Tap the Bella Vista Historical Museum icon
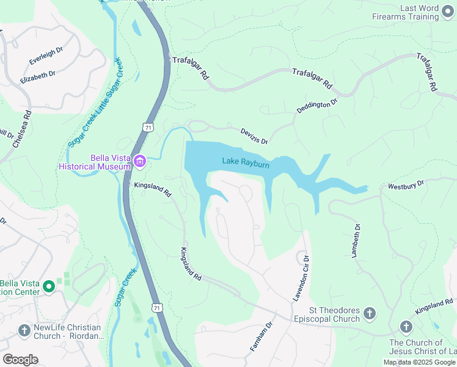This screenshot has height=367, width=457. tap(140, 161)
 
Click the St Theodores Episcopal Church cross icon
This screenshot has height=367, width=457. tap(369, 314)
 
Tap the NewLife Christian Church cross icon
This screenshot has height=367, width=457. tap(24, 331)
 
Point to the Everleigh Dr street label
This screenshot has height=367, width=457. tap(46, 57)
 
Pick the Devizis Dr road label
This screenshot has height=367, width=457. tap(254, 136)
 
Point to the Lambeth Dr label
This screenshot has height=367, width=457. tap(357, 240)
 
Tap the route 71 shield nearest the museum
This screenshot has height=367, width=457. tap(147, 126)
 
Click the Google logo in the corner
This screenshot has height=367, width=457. tap(20, 360)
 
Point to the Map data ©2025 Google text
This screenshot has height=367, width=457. tap(419, 362)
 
